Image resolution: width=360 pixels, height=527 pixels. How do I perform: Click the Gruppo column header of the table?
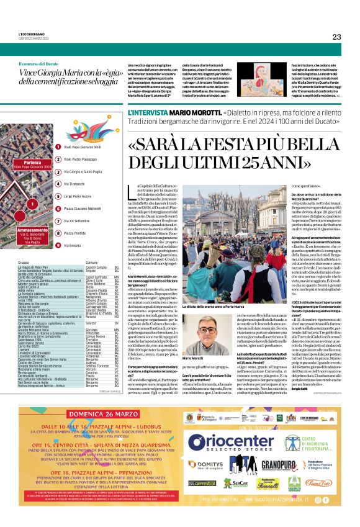pyautogui.click(x=23, y=263)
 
